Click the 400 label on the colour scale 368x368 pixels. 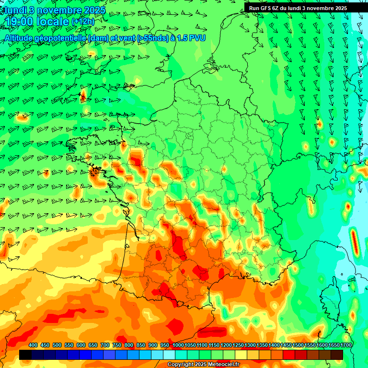coord(33,345)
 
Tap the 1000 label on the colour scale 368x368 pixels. coord(178,345)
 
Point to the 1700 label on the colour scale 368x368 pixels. coord(333,345)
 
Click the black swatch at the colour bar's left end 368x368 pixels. coord(25,355)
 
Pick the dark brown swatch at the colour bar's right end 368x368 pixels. coord(337,355)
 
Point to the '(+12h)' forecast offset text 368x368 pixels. coord(83,22)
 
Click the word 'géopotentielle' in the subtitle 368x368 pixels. coord(61,38)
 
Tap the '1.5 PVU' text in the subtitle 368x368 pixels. coord(191,38)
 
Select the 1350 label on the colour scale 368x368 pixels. coord(262,345)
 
